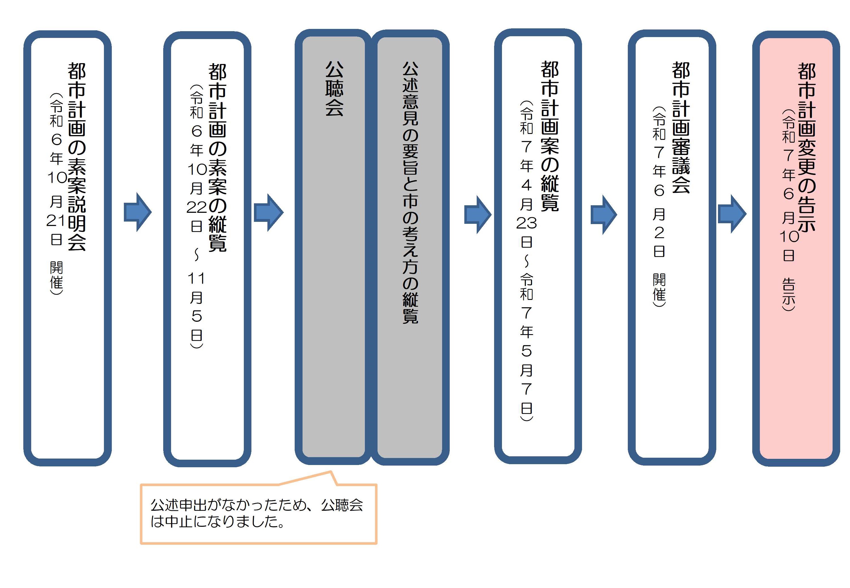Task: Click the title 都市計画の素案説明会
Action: (x=77, y=157)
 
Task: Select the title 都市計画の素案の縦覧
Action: (x=217, y=158)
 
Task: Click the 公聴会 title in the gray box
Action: (x=334, y=89)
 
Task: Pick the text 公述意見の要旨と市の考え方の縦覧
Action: (x=410, y=192)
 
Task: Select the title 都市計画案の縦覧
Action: (x=549, y=136)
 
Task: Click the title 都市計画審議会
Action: (x=681, y=127)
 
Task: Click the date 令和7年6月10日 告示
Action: (x=789, y=210)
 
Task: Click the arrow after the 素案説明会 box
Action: (x=137, y=212)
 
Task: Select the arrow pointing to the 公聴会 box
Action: (x=269, y=213)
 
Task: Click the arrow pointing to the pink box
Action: (x=732, y=214)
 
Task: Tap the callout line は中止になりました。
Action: (x=217, y=522)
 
